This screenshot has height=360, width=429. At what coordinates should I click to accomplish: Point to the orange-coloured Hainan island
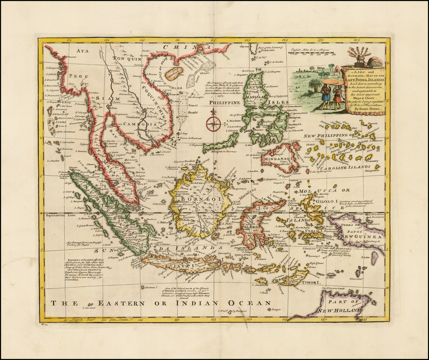tap(174, 74)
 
